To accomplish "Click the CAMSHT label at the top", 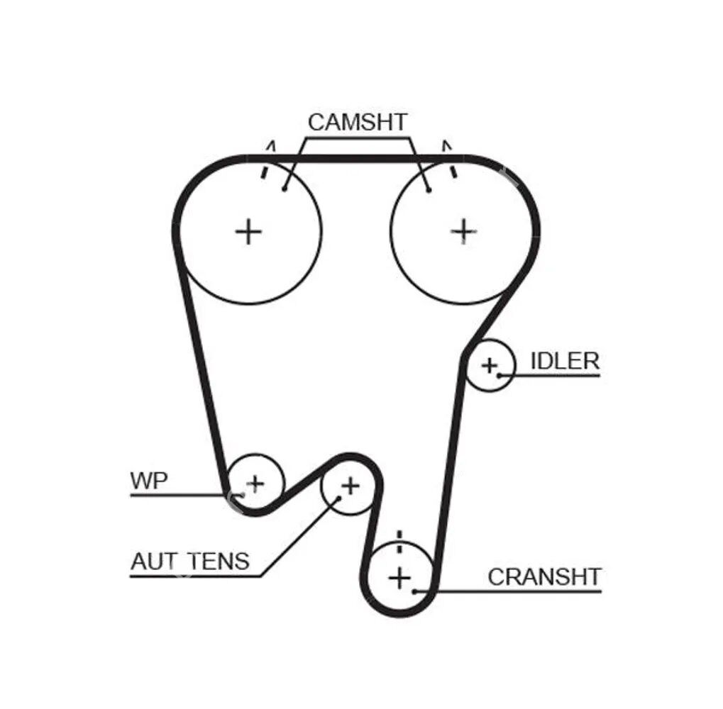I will point(358,122).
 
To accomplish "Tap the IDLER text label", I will point(565,361).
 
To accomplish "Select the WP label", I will point(149,481).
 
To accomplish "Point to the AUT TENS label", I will point(190,562).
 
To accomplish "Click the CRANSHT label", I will point(544,577).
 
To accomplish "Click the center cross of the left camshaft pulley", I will point(248,231).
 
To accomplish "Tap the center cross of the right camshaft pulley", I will point(463,230).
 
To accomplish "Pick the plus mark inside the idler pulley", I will point(489,366).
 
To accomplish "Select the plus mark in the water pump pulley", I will point(255,484).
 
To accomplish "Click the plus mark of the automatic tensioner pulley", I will point(350,486).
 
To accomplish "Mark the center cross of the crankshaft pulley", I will point(400,578).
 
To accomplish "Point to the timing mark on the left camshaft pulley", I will point(265,171).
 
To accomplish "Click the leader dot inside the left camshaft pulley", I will point(284,189).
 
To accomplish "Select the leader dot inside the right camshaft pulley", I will point(429,189).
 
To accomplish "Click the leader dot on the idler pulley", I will point(500,375).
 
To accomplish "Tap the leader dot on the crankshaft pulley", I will point(415,590).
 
